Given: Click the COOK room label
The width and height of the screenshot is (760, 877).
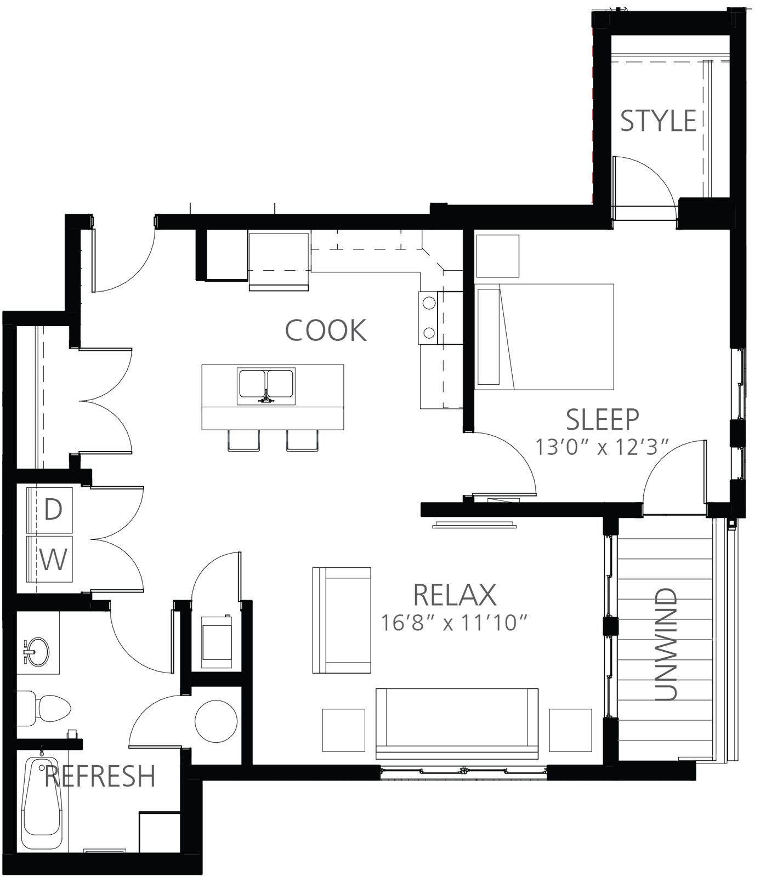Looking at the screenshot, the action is [326, 330].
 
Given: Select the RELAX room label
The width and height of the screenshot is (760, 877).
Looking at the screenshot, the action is [455, 595].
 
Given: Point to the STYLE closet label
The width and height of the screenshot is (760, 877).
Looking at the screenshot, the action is [658, 121].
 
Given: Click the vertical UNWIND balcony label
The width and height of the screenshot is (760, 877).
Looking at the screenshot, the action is [666, 645].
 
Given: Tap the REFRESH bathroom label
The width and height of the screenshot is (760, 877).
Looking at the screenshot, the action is [100, 776].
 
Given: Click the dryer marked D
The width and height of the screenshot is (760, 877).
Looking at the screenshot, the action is [50, 510].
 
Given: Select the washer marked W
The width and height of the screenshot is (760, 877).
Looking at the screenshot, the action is [50, 560].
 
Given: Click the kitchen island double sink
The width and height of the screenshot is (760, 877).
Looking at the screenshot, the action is [266, 386].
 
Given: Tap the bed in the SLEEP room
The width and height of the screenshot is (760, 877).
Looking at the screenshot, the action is [545, 337].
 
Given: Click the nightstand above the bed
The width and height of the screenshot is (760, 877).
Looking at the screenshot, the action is [497, 256].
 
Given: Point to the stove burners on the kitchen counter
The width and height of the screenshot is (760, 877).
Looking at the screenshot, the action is [428, 317].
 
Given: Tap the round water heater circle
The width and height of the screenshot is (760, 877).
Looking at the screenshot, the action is [217, 721].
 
